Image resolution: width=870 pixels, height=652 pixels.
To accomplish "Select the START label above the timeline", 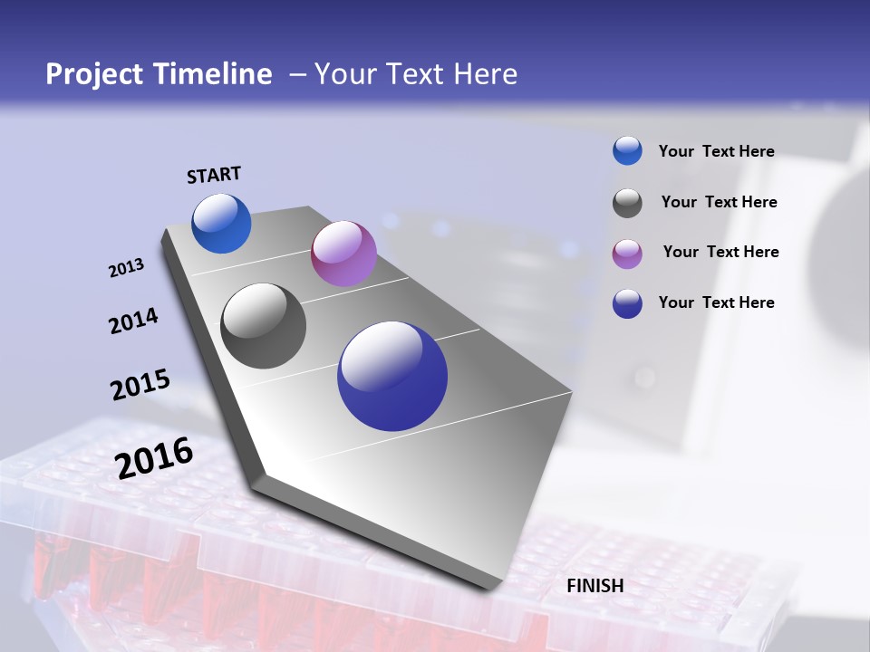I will (x=214, y=175).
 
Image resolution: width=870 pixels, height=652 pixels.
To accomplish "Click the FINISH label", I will (x=595, y=586).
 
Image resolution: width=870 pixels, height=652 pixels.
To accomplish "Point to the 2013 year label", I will (x=126, y=268).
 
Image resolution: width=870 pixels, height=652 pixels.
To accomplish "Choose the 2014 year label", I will (x=133, y=321).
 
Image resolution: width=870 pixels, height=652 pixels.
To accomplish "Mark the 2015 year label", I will (x=140, y=385).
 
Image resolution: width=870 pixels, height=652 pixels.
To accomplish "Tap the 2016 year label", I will (x=154, y=458).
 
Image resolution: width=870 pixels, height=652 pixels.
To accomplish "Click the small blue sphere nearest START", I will (x=221, y=223).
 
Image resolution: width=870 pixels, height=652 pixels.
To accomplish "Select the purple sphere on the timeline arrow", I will (x=343, y=254).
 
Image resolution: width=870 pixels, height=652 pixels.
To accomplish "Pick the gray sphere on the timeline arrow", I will (x=264, y=326).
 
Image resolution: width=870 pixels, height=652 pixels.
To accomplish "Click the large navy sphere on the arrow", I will (x=392, y=376).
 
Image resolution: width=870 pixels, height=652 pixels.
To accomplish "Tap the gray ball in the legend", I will (x=627, y=203).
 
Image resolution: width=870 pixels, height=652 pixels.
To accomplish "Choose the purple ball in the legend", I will (x=627, y=254).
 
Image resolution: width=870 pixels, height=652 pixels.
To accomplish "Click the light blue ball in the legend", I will (x=627, y=150).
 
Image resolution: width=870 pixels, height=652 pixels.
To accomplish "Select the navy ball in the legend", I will (x=627, y=303).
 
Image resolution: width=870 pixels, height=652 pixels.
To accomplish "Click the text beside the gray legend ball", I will (x=719, y=202).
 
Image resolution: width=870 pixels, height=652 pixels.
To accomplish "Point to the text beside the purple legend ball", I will (x=720, y=252).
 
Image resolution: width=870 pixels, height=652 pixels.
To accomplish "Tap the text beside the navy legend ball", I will (x=716, y=302).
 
